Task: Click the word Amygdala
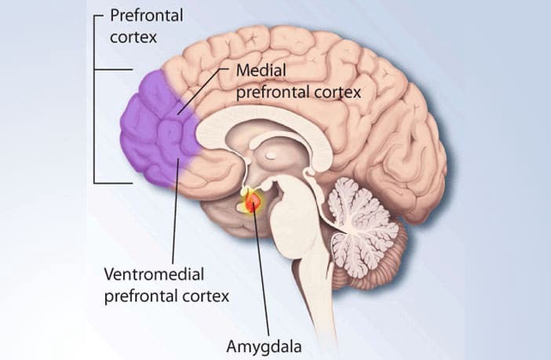pos(264,347)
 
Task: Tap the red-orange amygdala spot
pos(252,202)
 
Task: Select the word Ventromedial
pos(154,275)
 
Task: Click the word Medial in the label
pos(261,71)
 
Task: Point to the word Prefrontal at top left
pos(147,16)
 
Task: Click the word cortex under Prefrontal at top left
pos(133,38)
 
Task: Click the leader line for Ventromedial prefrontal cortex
pos(176,211)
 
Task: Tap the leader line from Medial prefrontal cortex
pos(203,91)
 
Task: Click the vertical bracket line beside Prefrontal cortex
pos(94,100)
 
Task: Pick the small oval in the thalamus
pos(271,155)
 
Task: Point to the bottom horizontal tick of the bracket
pos(113,183)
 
